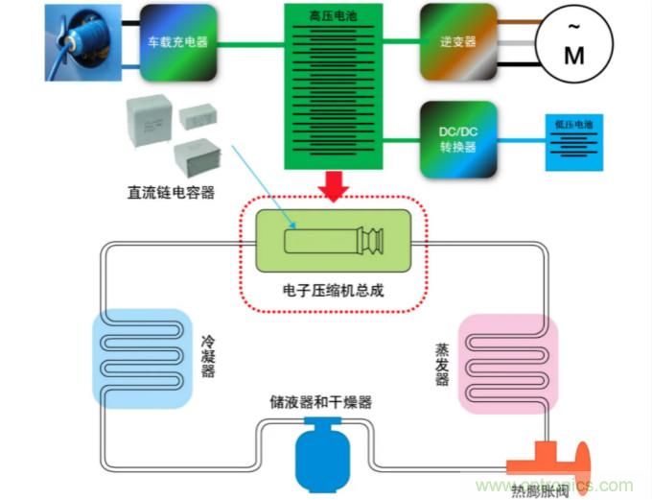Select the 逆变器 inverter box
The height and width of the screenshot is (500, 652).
pos(458,41)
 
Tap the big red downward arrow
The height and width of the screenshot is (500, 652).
pos(334,185)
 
